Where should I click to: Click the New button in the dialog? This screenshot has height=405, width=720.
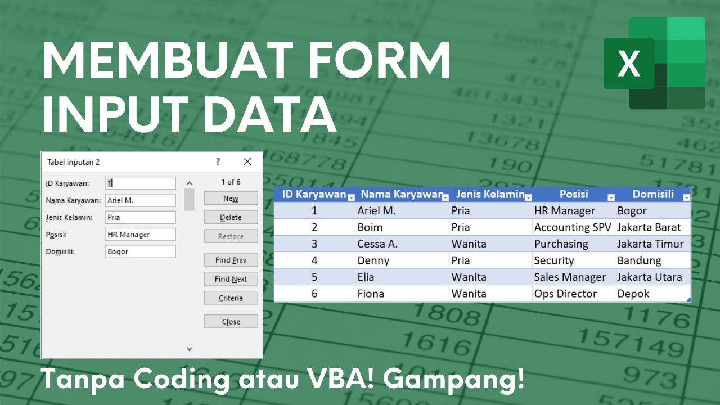point(231,199)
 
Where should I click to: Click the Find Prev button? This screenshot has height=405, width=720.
point(231,260)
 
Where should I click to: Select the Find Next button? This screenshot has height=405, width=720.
point(231,279)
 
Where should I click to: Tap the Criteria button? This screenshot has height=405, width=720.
point(231,298)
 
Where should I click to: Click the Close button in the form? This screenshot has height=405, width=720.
point(231,322)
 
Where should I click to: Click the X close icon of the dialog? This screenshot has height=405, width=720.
point(247,162)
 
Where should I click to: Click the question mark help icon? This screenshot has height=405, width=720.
point(218,162)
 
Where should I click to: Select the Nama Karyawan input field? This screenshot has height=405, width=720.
point(140,200)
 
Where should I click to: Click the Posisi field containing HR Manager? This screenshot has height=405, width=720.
point(140,235)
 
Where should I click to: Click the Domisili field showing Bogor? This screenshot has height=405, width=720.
point(140,251)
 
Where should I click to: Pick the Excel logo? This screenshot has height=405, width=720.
point(654,63)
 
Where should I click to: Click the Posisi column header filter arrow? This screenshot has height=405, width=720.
point(611,197)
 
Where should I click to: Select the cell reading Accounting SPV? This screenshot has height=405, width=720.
point(573,227)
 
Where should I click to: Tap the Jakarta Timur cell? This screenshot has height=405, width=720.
point(650,244)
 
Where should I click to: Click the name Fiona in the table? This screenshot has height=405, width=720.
point(371,294)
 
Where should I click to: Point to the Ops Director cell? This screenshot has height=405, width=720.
point(565,294)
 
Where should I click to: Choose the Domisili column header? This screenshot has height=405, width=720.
point(652,195)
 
